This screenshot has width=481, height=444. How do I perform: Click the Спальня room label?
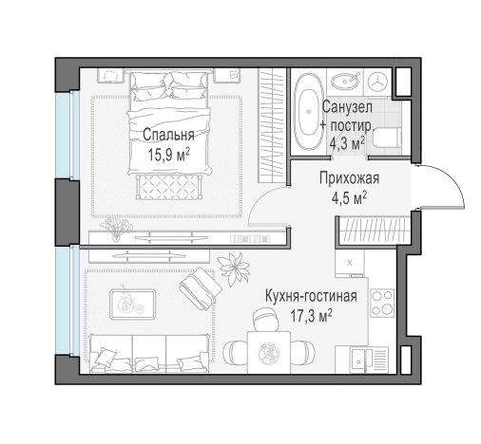click(168, 135)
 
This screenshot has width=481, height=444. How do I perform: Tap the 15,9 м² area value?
click(168, 155)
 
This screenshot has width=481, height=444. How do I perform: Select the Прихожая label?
click(349, 178)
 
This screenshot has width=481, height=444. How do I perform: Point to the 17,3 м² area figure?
click(312, 316)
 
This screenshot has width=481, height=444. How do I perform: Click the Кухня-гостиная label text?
click(311, 296)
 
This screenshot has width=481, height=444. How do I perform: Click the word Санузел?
click(347, 107)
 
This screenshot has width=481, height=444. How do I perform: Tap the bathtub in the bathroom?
click(308, 113)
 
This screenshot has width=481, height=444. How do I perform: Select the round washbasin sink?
click(345, 82)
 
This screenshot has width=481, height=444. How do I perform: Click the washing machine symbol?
click(377, 82)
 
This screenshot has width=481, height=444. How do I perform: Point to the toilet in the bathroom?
click(387, 139)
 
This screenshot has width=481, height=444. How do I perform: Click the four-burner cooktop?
click(382, 303)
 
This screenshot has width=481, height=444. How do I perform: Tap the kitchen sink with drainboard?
click(369, 361)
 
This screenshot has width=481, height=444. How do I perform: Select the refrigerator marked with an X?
click(350, 263)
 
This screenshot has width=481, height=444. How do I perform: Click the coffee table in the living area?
click(132, 305)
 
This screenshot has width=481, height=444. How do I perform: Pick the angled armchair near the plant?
click(201, 288)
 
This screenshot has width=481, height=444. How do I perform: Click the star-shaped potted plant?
click(235, 268)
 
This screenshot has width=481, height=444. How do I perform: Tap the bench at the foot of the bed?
click(169, 187)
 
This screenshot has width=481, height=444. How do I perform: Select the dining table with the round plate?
click(269, 352)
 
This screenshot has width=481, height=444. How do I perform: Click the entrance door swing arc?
click(450, 177)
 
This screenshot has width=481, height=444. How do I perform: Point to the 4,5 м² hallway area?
click(349, 198)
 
